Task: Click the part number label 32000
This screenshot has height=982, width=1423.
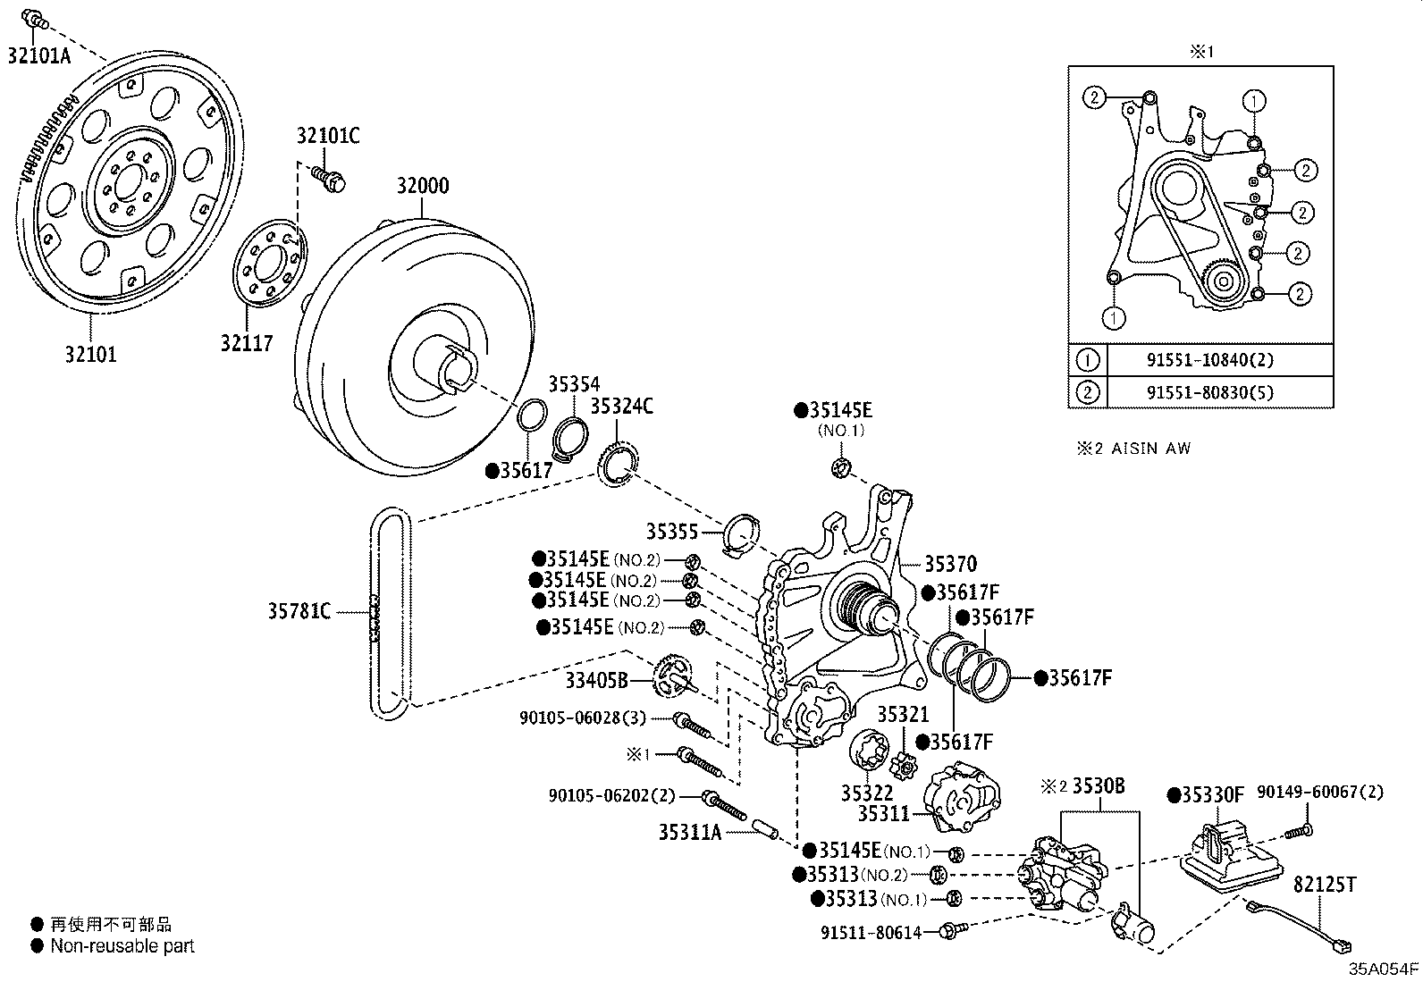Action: (423, 187)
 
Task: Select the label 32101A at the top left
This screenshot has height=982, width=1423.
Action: (39, 55)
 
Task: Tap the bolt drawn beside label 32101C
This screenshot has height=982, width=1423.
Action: (330, 180)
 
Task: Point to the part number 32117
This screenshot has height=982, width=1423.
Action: (247, 342)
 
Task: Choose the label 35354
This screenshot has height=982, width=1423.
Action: (574, 385)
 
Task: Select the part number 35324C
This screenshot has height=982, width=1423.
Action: (621, 407)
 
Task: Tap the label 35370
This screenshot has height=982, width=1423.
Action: (950, 564)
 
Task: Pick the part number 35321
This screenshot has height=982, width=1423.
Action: (903, 715)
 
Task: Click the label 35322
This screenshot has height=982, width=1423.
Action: (867, 793)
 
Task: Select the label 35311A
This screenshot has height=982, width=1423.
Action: (689, 832)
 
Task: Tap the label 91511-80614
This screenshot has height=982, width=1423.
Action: (871, 932)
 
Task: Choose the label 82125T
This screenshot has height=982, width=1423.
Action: (1325, 885)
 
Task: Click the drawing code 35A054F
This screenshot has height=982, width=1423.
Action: (1383, 969)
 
